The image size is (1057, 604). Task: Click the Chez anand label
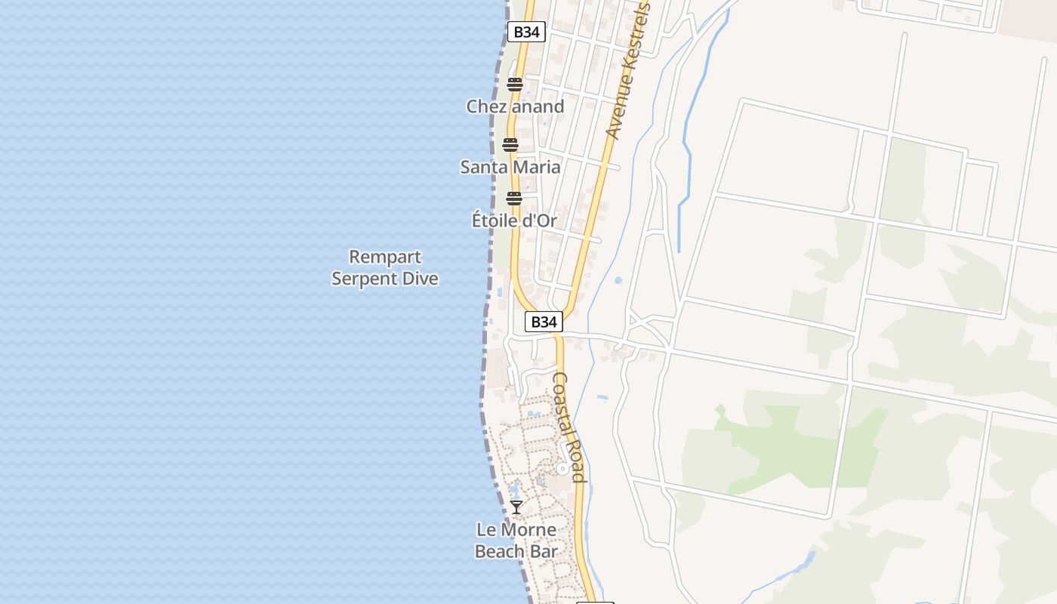tap(515, 106)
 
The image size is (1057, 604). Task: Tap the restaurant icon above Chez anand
tap(515, 85)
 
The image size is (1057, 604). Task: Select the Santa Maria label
tap(510, 167)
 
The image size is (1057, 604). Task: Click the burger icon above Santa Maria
tap(511, 145)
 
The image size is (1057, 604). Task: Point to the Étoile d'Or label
tap(514, 220)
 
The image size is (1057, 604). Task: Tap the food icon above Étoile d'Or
tap(514, 199)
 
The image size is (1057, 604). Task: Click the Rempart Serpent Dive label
tap(385, 268)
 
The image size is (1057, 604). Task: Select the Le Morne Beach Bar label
tap(516, 541)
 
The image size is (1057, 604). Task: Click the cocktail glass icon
tap(516, 507)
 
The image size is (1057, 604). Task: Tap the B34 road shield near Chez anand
tap(526, 32)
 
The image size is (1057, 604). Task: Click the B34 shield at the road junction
tap(544, 322)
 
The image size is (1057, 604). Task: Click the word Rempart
tap(385, 257)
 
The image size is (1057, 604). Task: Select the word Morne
tap(528, 530)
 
